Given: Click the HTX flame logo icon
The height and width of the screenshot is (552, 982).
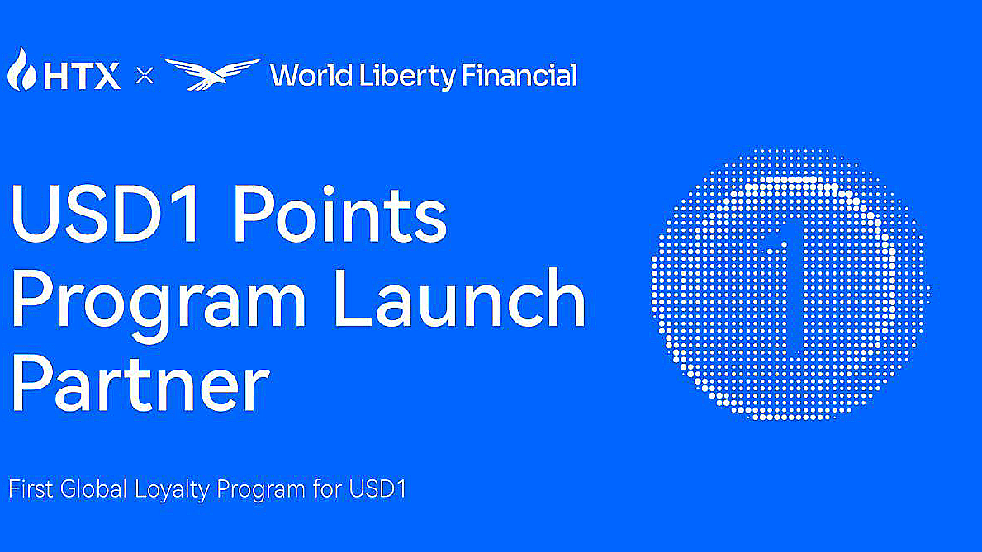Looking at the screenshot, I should click(x=21, y=71).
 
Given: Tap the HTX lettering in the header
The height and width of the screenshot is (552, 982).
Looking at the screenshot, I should click(x=81, y=77).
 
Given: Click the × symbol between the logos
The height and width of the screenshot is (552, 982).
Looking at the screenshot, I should click(x=145, y=77).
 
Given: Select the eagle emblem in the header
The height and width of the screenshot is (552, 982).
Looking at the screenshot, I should click(x=211, y=74).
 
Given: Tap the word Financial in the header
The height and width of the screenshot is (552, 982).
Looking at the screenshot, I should click(x=519, y=77).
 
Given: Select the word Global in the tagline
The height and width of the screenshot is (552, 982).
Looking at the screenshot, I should click(x=93, y=488).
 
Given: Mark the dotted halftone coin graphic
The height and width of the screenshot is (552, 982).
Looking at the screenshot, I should click(x=790, y=285).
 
